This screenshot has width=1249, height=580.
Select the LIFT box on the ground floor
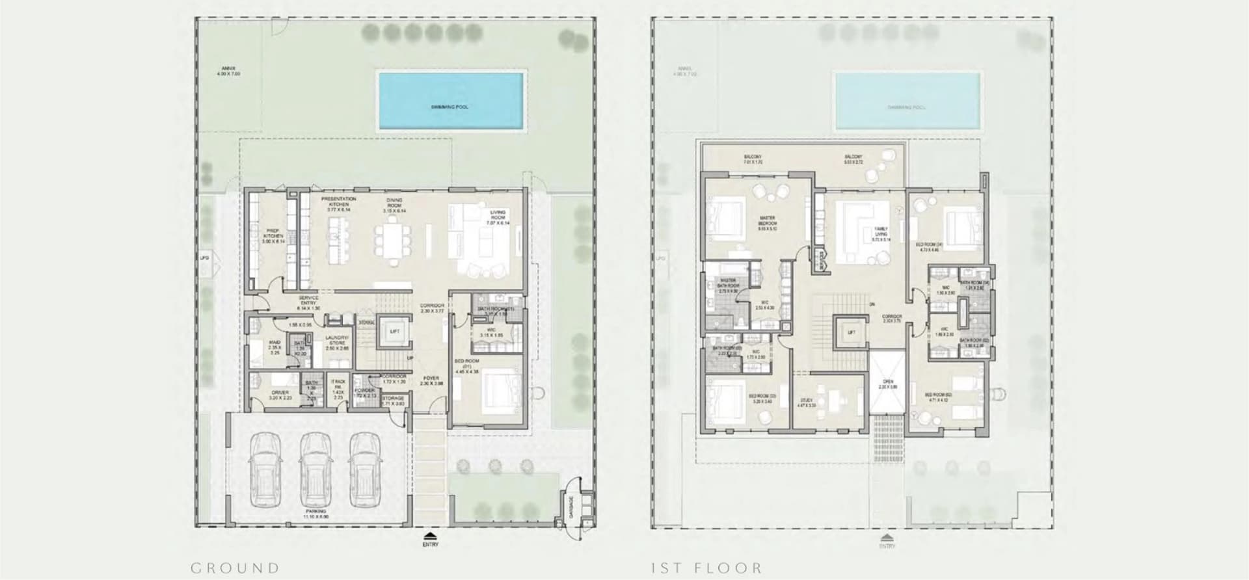[x=394, y=332]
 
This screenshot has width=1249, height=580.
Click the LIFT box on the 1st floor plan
[x=851, y=332]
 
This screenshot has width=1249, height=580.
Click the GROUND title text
[x=235, y=568]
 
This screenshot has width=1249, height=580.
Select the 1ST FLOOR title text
[x=706, y=568]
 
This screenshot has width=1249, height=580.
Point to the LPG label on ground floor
[x=204, y=258]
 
